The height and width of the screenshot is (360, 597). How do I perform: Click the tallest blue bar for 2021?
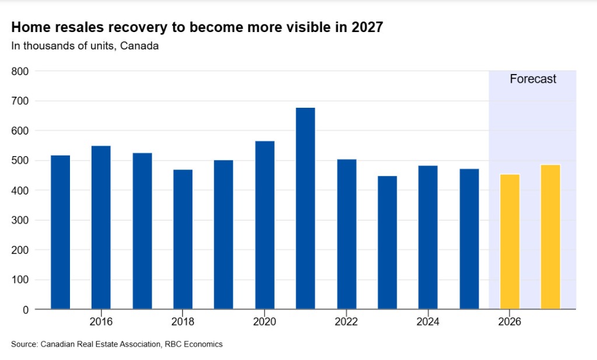point(305,208)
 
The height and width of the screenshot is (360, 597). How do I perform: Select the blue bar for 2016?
point(101,227)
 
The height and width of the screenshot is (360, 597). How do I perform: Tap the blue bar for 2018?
point(182,239)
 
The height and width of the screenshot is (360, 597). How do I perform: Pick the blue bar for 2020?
point(265,225)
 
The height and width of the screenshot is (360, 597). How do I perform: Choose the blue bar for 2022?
point(346,234)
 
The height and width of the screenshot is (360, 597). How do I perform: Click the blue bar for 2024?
point(428,237)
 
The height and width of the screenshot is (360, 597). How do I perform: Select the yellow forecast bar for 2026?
point(510,242)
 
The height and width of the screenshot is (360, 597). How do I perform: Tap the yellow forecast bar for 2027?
point(550,237)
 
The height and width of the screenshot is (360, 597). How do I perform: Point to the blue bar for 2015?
point(60,232)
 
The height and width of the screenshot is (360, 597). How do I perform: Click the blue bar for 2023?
point(387,242)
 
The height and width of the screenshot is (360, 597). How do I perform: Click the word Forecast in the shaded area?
point(533,79)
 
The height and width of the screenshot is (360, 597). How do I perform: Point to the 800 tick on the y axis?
point(20,71)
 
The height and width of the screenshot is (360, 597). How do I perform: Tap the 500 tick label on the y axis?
point(20,161)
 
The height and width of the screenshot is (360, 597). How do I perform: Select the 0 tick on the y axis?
point(26,310)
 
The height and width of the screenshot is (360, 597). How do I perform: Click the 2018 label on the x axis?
point(182,322)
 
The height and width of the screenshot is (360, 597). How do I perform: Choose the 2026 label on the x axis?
point(510,322)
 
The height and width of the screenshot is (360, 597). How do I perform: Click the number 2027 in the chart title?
point(367,27)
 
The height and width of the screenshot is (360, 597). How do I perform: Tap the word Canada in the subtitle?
point(139,46)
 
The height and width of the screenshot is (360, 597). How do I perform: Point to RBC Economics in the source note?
point(194,344)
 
